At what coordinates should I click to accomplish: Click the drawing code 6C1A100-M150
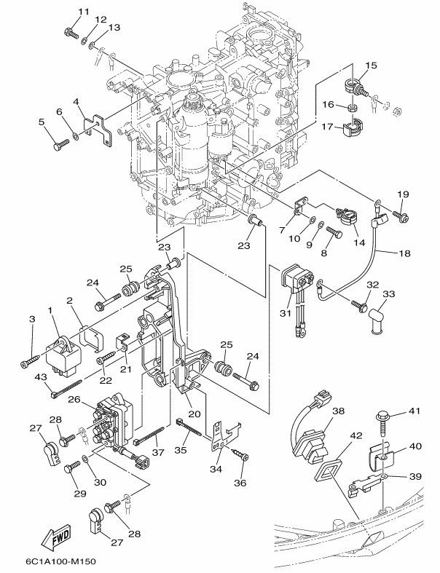pyautogui.click(x=58, y=561)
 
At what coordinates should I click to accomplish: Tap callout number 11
pyautogui.click(x=84, y=12)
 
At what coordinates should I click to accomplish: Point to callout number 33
pyautogui.click(x=389, y=293)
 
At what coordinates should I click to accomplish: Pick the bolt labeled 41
pyautogui.click(x=383, y=424)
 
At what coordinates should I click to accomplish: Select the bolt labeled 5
pyautogui.click(x=60, y=145)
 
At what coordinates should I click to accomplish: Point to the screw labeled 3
pyautogui.click(x=31, y=360)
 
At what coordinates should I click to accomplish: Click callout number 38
pyautogui.click(x=338, y=411)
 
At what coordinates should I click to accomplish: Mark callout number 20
pyautogui.click(x=195, y=414)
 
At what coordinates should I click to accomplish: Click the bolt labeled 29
pyautogui.click(x=72, y=467)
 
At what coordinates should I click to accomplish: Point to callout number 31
pyautogui.click(x=286, y=313)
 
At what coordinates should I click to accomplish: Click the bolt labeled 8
pyautogui.click(x=334, y=232)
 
